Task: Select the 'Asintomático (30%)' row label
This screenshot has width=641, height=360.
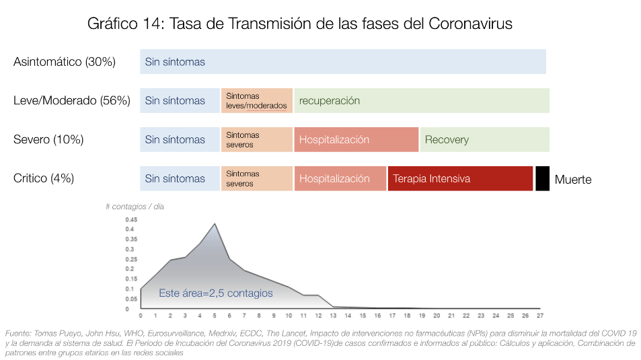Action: pyautogui.click(x=65, y=62)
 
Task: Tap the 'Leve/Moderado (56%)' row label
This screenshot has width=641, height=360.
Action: pyautogui.click(x=71, y=101)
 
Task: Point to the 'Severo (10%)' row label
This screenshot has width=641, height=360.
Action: pyautogui.click(x=48, y=140)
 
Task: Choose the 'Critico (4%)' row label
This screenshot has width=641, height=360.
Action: pyautogui.click(x=44, y=178)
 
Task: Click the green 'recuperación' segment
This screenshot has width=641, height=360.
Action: pyautogui.click(x=422, y=101)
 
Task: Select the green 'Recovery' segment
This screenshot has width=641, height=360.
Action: pyautogui.click(x=485, y=140)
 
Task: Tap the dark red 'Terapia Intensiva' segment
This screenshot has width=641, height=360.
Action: pyautogui.click(x=460, y=178)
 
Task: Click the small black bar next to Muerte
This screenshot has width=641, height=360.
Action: pyautogui.click(x=542, y=178)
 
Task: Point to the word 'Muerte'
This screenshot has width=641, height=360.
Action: pyautogui.click(x=573, y=180)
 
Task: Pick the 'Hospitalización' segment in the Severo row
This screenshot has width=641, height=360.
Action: pyautogui.click(x=356, y=140)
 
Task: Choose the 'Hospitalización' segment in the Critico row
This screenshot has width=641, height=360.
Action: pyautogui.click(x=340, y=178)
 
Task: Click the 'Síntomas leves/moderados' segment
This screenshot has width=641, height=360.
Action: pyautogui.click(x=257, y=101)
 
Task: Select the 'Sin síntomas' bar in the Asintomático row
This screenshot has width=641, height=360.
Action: pyautogui.click(x=343, y=62)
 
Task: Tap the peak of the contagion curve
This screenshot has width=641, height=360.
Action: pyautogui.click(x=215, y=223)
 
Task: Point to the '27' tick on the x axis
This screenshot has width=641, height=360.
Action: pyautogui.click(x=540, y=316)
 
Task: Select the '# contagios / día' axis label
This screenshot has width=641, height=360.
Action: pyautogui.click(x=135, y=207)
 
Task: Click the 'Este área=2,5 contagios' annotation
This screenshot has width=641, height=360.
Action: pyautogui.click(x=215, y=293)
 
